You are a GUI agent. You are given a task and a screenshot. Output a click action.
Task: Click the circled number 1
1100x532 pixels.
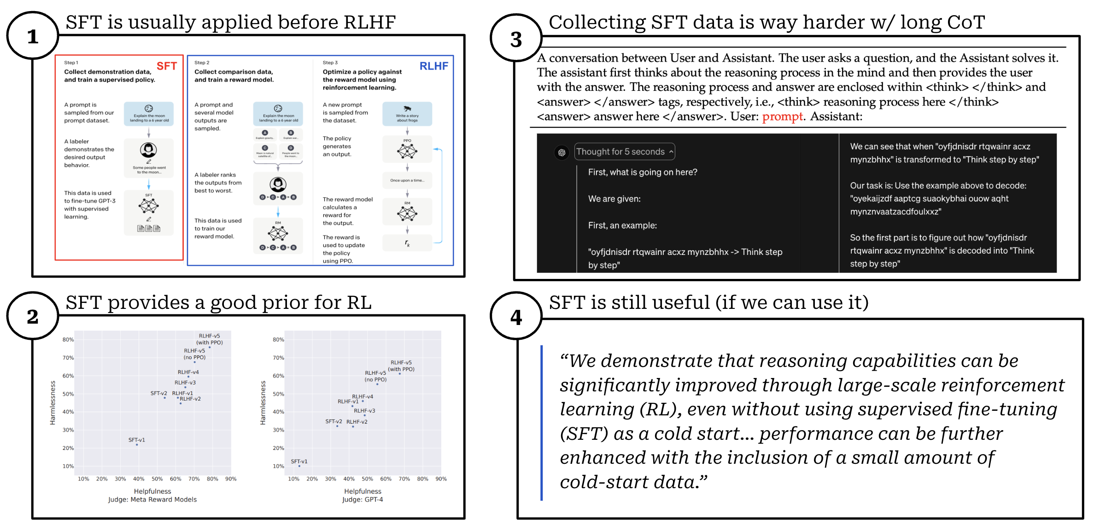[x=32, y=36]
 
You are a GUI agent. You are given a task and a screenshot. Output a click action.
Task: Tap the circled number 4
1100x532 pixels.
[x=516, y=317]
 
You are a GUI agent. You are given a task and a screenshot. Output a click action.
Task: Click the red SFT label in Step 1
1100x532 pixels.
[x=166, y=66]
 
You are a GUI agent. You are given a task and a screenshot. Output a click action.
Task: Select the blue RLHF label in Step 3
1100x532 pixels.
[x=433, y=66]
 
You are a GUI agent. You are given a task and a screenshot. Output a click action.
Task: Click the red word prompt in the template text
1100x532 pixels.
[x=782, y=117]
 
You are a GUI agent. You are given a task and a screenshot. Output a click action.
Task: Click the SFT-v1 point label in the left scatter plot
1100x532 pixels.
[x=136, y=440]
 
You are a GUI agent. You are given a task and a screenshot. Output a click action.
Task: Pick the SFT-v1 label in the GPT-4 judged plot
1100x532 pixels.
[x=299, y=461]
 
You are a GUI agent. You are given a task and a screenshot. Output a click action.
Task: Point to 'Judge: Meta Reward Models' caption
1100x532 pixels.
[x=152, y=499]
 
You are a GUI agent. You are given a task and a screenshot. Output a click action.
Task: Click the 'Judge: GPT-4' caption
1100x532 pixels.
[x=363, y=499]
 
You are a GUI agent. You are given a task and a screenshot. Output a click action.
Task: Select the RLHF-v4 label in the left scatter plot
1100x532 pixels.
[x=188, y=372]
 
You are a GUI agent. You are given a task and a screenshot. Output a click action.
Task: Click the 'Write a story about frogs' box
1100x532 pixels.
[x=407, y=114]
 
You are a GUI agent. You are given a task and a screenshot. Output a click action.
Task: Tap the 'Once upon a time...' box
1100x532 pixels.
[x=407, y=180]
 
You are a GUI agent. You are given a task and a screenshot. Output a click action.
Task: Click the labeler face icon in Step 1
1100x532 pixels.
[x=148, y=150]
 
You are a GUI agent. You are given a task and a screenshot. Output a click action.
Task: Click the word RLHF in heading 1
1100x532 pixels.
[x=369, y=22]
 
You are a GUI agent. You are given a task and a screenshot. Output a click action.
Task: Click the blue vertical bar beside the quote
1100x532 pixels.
[x=542, y=422]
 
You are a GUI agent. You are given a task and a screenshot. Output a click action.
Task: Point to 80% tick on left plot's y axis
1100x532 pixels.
[x=68, y=340]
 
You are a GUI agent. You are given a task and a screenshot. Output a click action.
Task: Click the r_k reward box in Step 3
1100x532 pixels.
[x=407, y=243]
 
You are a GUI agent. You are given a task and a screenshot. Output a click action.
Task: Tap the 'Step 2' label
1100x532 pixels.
[x=202, y=63]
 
